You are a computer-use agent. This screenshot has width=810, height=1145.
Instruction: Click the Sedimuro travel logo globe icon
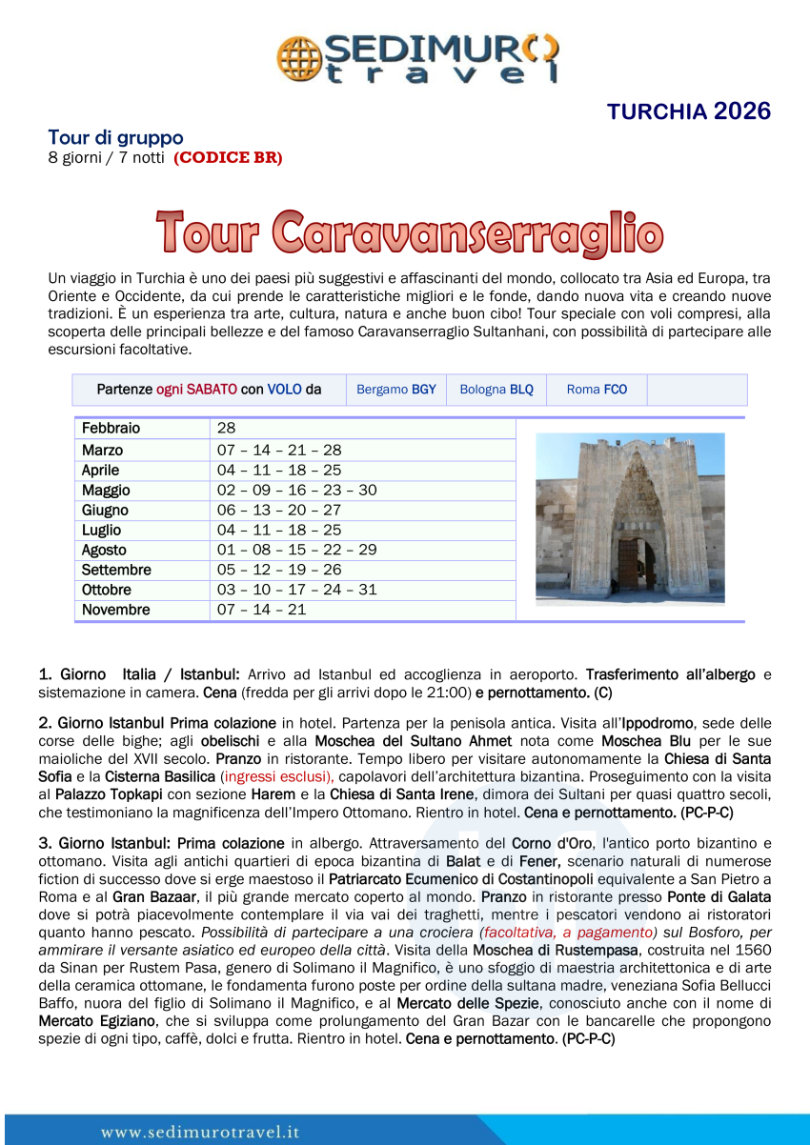click(297, 58)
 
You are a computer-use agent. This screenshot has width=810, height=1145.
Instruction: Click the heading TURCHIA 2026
click(688, 111)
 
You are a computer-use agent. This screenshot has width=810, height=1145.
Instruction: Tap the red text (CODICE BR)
click(228, 158)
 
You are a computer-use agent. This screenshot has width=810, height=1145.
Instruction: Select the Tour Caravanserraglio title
click(410, 233)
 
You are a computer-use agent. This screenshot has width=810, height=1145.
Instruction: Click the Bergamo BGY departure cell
click(395, 390)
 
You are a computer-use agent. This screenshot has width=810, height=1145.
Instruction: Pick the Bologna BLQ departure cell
click(496, 390)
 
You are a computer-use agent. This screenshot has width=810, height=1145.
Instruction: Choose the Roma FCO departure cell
click(597, 390)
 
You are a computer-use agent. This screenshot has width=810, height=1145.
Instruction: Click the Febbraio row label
click(111, 429)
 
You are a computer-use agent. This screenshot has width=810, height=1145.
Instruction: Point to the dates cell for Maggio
click(296, 490)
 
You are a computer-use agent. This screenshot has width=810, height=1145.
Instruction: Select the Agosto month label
click(104, 550)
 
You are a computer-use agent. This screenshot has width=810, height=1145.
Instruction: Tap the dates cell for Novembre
click(261, 610)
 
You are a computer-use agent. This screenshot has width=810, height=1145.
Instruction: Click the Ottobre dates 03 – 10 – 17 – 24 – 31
click(296, 590)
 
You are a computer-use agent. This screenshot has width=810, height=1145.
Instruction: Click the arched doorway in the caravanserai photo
click(636, 562)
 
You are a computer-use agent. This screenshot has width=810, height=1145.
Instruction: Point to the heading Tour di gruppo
click(115, 138)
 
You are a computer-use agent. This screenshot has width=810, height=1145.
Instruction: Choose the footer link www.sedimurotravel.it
click(200, 1133)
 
